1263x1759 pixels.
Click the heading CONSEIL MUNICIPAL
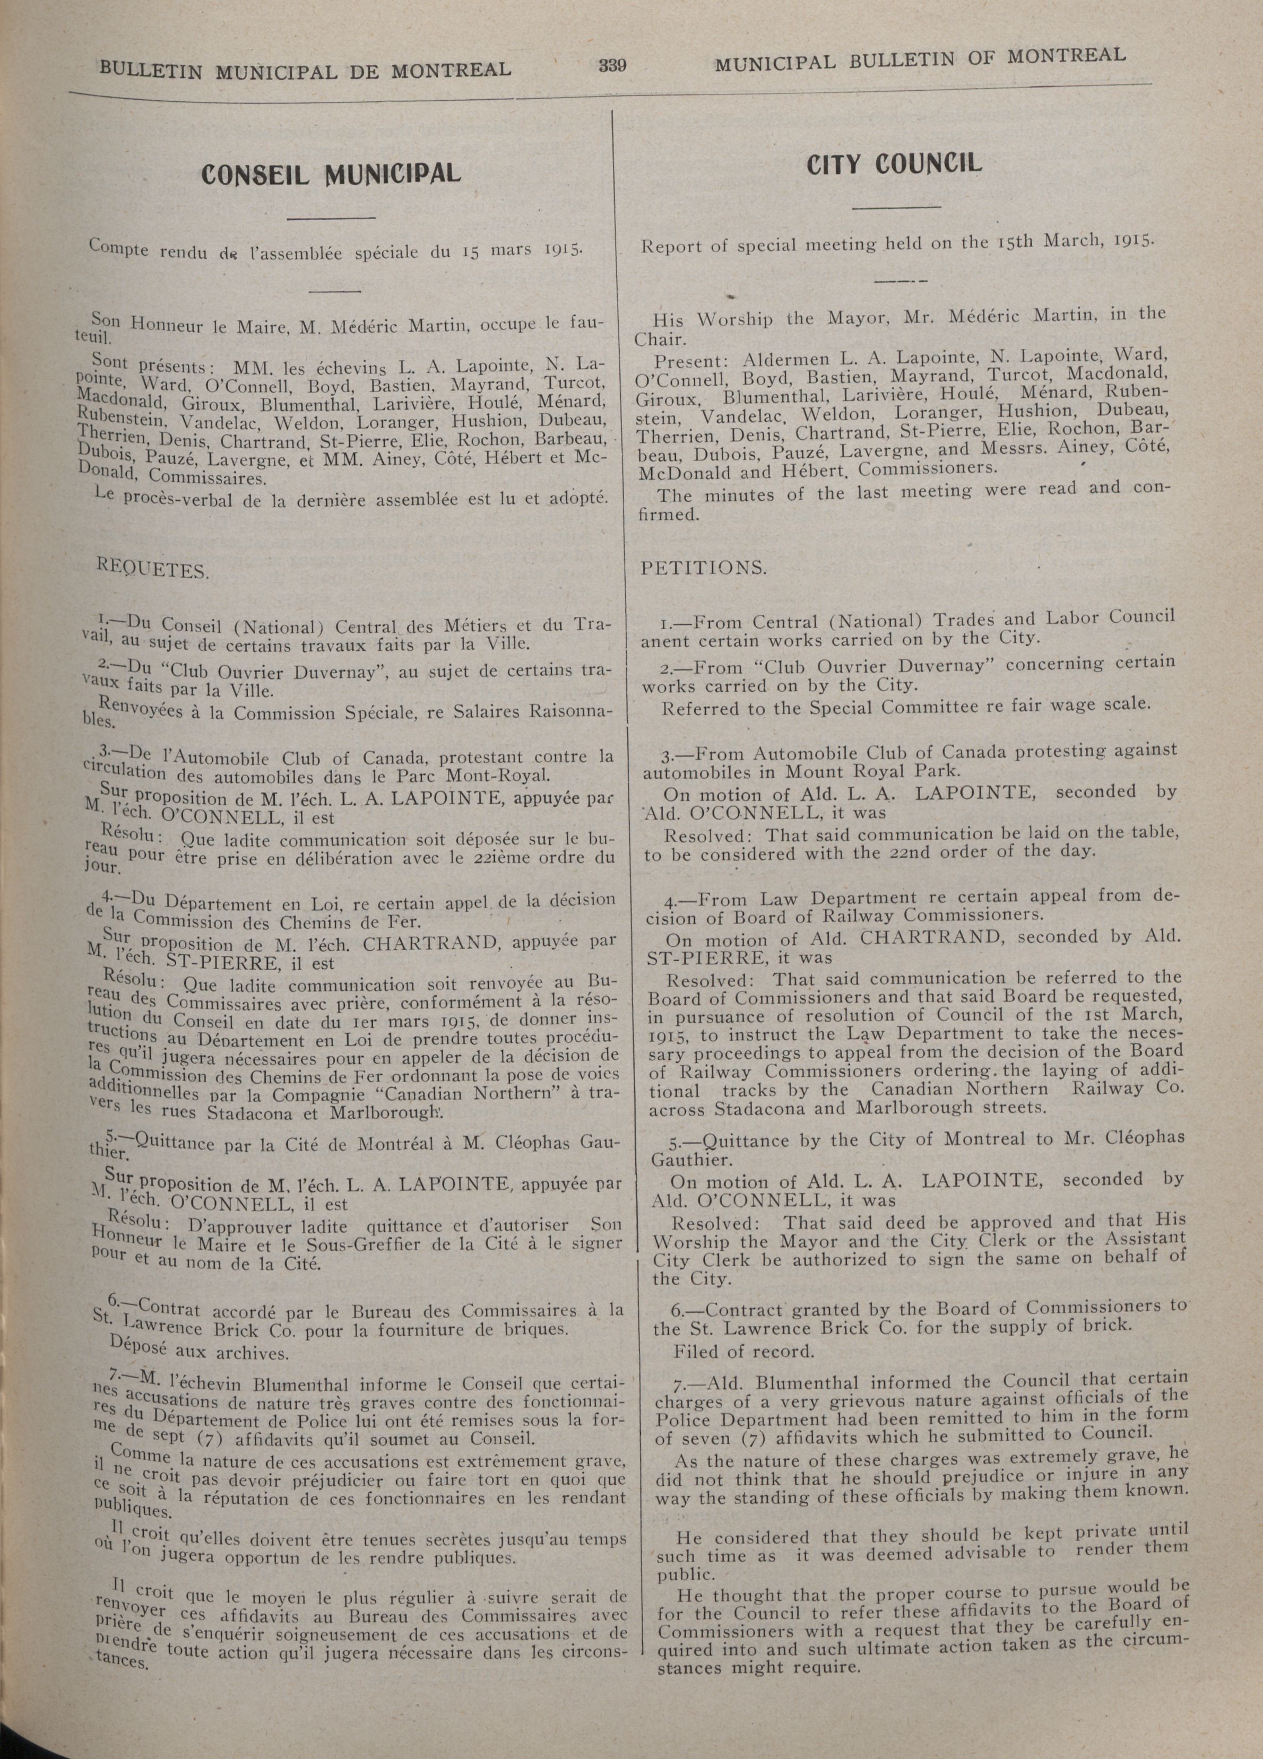click(x=331, y=172)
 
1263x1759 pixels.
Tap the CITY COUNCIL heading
click(x=894, y=163)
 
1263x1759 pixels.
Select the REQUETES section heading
click(x=152, y=569)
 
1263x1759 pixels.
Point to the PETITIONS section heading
click(x=703, y=568)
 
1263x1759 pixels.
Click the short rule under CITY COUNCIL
click(x=896, y=207)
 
